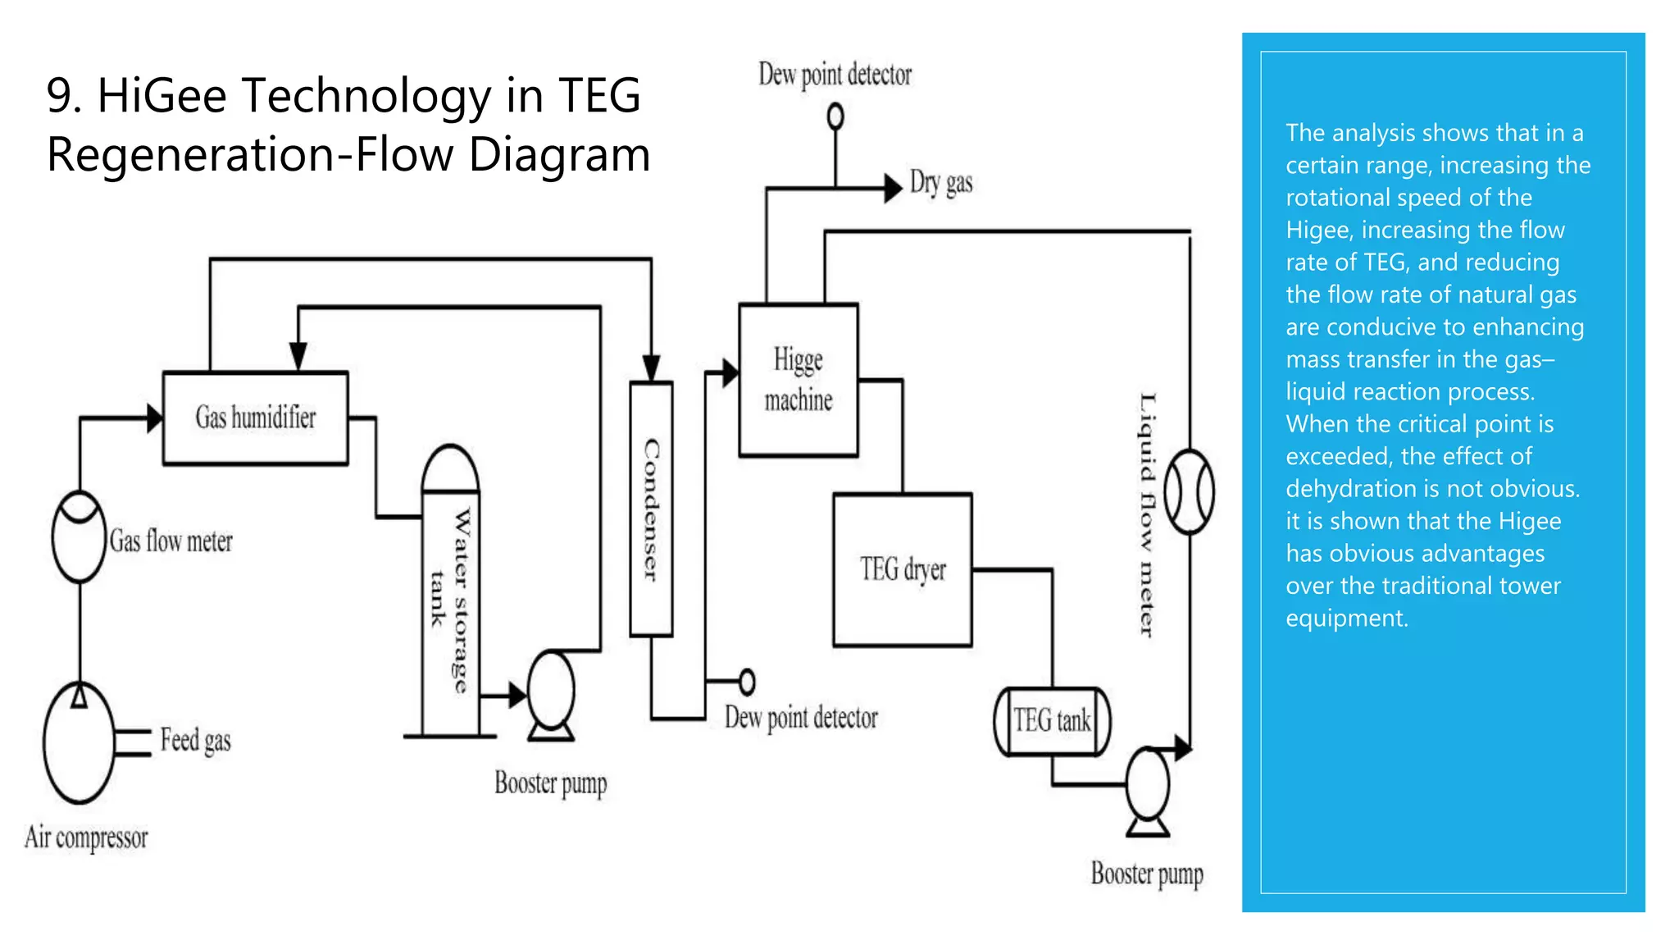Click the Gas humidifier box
click(255, 418)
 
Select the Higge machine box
click(798, 380)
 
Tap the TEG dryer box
click(902, 569)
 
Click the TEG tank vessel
click(1052, 721)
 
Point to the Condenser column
click(651, 509)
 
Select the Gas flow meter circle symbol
click(79, 536)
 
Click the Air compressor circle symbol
click(79, 743)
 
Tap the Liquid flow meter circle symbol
click(1189, 491)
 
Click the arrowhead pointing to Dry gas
click(893, 188)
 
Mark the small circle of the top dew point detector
click(835, 116)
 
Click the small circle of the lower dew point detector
click(747, 681)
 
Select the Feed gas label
click(195, 740)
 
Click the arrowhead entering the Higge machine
click(730, 372)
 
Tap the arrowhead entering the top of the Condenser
click(651, 368)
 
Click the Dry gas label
click(941, 182)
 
